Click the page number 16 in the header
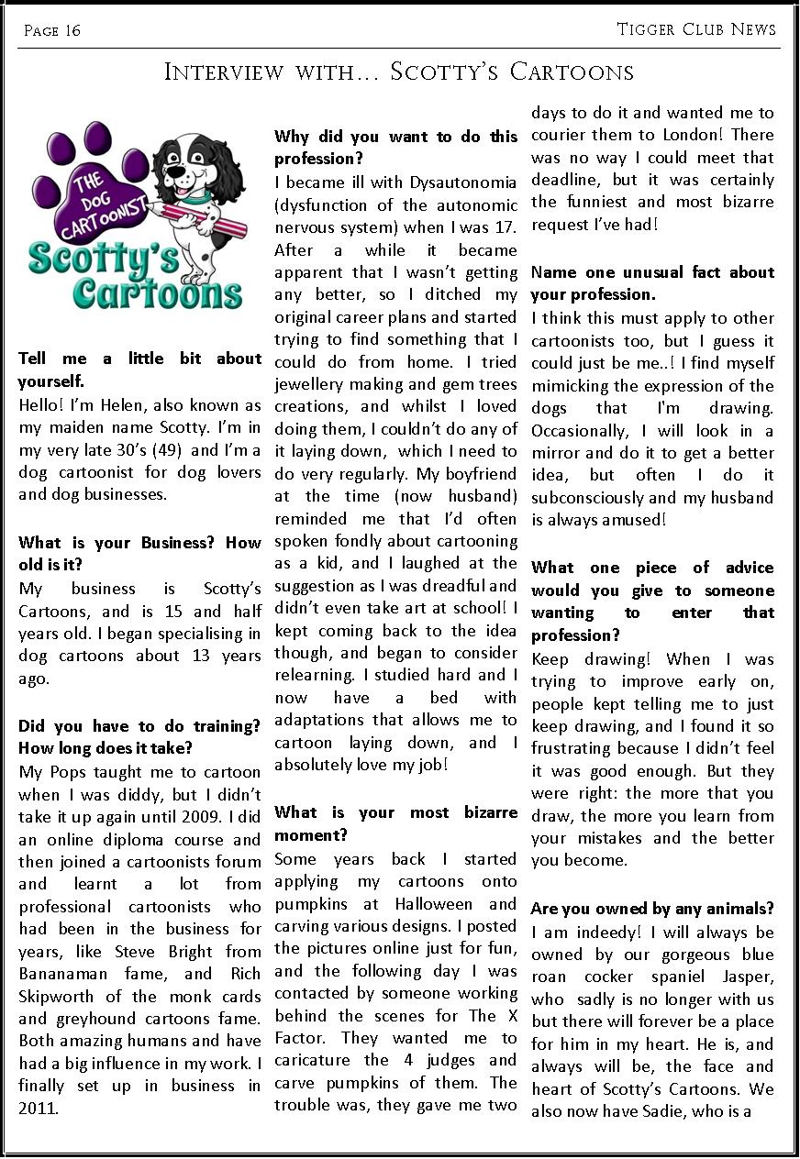pyautogui.click(x=72, y=31)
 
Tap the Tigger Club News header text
pyautogui.click(x=696, y=29)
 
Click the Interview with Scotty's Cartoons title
pyautogui.click(x=399, y=72)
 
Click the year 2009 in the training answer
pyautogui.click(x=193, y=816)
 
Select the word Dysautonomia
pyautogui.click(x=464, y=182)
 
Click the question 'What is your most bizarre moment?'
pyautogui.click(x=395, y=823)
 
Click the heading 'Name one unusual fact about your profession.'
pyautogui.click(x=652, y=283)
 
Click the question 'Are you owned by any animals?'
pyautogui.click(x=652, y=909)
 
